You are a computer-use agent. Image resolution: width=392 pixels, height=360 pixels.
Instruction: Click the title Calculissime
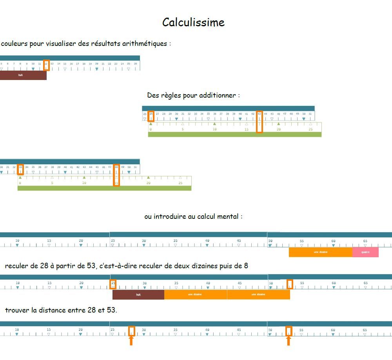click(193, 22)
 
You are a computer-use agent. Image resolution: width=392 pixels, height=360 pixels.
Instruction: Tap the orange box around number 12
click(46, 65)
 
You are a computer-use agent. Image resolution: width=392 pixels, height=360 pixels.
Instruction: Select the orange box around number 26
click(151, 116)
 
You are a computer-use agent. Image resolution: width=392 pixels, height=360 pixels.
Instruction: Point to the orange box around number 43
click(259, 122)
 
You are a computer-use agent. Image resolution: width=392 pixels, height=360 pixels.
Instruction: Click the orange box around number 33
click(21, 169)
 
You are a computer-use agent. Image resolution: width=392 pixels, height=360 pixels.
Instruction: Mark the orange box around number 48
click(116, 175)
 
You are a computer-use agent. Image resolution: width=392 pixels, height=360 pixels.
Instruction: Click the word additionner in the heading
click(217, 95)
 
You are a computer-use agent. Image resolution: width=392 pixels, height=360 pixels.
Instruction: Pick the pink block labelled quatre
click(365, 252)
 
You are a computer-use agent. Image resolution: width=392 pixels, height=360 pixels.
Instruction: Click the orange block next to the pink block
click(321, 252)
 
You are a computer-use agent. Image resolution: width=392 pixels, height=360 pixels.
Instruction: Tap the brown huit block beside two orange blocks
click(138, 295)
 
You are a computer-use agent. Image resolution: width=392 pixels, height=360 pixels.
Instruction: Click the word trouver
click(17, 310)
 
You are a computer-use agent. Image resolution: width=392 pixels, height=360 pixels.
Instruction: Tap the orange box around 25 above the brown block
click(113, 284)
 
